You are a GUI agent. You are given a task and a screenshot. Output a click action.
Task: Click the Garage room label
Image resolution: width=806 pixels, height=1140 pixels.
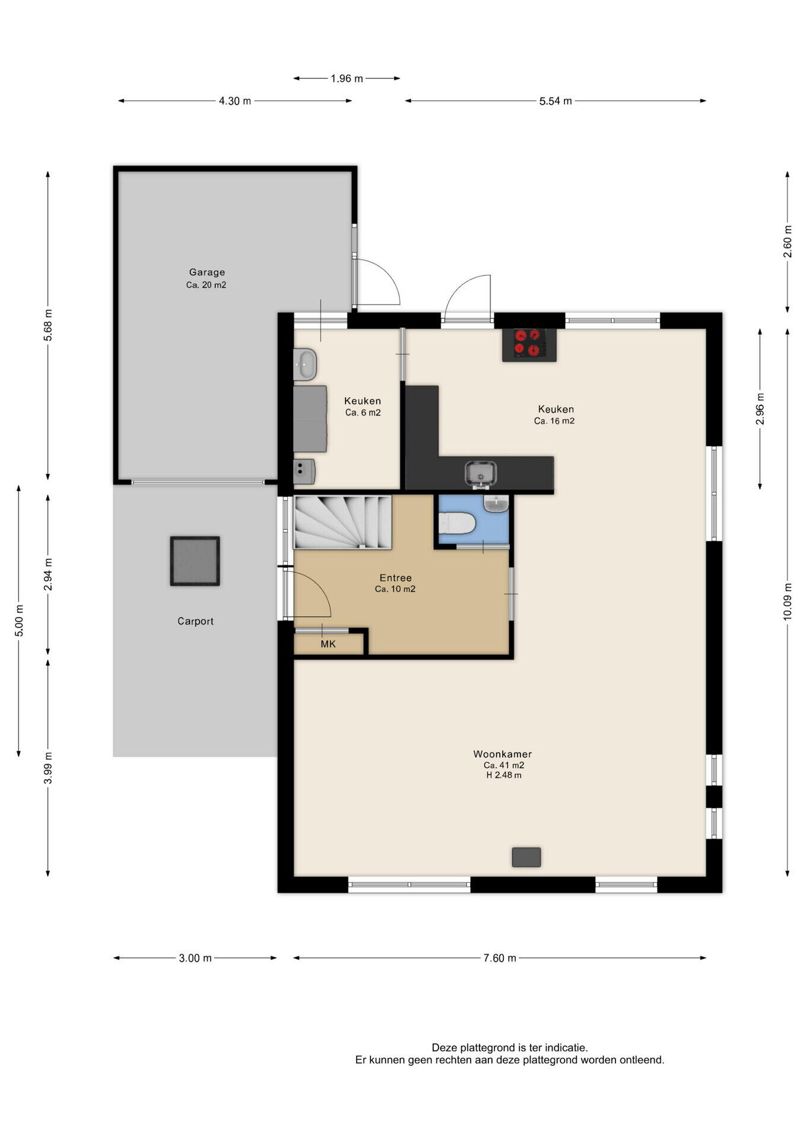207,273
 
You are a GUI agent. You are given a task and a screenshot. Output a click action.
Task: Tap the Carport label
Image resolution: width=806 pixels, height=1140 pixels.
195,621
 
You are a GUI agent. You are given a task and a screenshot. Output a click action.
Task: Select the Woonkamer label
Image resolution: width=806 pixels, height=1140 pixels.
502,754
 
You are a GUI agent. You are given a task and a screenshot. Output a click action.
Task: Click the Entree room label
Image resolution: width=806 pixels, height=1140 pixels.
395,578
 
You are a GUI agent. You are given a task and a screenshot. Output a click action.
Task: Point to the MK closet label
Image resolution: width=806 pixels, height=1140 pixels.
328,644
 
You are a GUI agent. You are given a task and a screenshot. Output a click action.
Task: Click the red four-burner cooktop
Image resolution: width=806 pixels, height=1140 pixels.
529,344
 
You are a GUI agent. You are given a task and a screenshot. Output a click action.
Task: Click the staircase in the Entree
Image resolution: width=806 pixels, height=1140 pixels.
342,522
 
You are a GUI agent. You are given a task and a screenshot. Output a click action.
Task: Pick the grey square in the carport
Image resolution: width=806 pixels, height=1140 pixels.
195,561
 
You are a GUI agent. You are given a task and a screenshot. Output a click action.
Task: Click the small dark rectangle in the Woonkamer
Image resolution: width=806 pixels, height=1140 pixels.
526,857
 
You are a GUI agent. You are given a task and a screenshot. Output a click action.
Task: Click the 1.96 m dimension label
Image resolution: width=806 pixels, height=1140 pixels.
347,78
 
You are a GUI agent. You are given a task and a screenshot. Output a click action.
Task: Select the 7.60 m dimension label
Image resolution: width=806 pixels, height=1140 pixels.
500,958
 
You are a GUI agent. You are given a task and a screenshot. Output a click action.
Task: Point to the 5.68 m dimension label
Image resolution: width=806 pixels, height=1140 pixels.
48,325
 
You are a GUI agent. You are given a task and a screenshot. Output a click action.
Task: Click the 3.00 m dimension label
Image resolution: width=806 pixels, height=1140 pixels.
195,958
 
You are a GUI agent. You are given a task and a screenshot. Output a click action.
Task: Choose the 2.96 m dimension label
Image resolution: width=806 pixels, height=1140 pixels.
760,409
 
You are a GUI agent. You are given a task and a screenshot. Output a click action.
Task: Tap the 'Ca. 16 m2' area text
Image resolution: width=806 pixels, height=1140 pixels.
554,421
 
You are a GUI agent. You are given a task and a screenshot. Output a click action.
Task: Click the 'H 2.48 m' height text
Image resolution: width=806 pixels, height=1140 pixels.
504,775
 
